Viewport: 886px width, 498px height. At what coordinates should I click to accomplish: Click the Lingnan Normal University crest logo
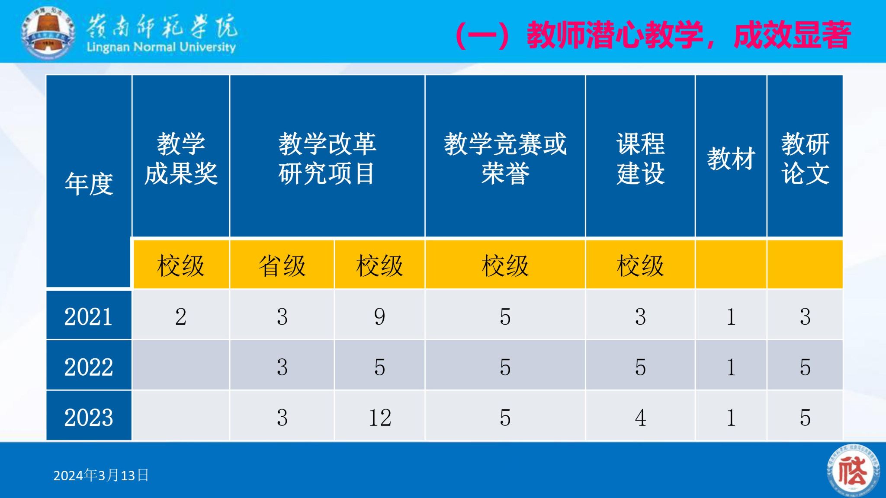coord(48,32)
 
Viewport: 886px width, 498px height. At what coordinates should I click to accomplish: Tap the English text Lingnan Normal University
coord(161,47)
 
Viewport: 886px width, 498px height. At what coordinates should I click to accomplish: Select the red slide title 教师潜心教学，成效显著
coord(653,35)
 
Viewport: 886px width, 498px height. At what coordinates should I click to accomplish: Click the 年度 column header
coord(89,184)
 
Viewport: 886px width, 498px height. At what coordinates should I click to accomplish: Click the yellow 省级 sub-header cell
coord(282,265)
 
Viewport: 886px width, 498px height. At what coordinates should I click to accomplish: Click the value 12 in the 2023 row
coord(380,418)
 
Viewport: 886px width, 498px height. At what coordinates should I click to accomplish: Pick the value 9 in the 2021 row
coord(380,316)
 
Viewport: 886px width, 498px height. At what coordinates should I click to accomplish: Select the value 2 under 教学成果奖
coord(181,316)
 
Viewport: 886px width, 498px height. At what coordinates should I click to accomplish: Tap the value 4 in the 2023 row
coord(640,418)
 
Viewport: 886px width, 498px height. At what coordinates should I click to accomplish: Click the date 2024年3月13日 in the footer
coord(101,476)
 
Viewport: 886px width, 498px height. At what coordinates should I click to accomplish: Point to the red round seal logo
coord(853,471)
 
